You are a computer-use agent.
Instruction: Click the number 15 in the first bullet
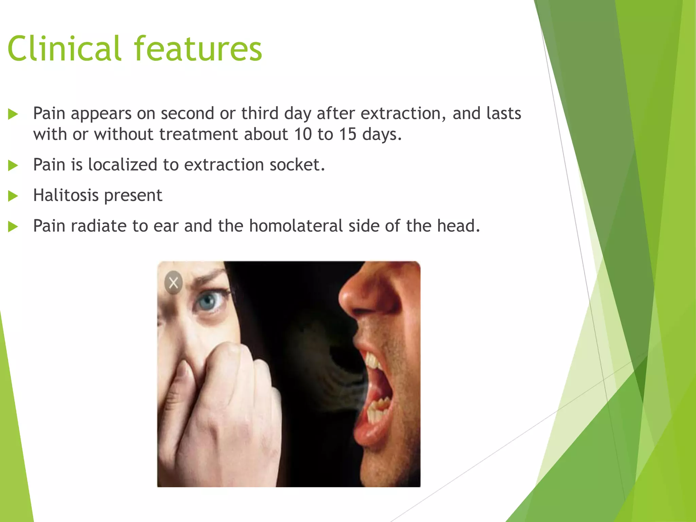(x=347, y=134)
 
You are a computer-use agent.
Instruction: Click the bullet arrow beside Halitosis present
(x=13, y=196)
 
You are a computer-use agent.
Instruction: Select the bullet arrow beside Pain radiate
(x=13, y=227)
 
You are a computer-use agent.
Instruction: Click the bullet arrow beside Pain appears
(x=13, y=114)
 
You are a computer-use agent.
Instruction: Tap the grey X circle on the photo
(x=173, y=282)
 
